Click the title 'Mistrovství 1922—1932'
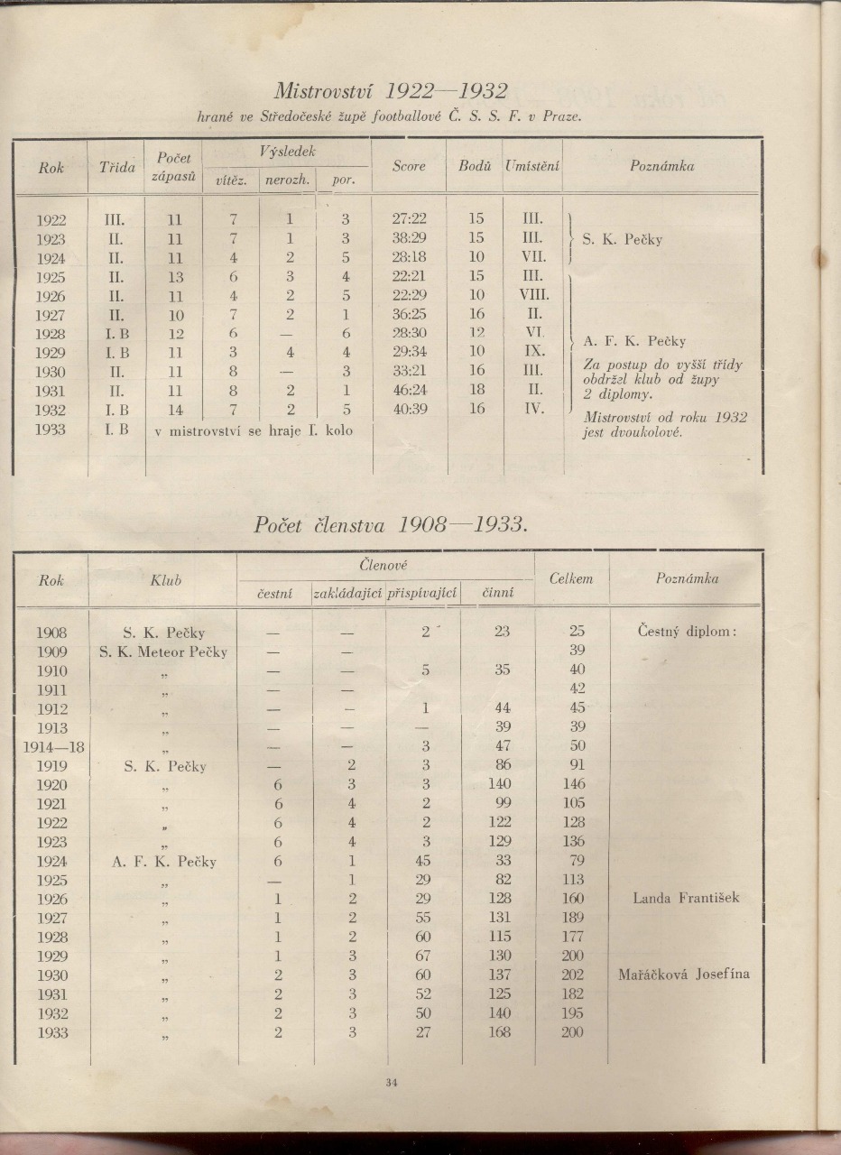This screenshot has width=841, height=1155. tap(391, 91)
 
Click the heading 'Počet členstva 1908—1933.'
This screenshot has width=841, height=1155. tap(390, 524)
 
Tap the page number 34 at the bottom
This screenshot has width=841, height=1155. tap(392, 1083)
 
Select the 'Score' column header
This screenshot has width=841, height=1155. tap(409, 166)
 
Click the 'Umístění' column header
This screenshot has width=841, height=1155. tap(532, 166)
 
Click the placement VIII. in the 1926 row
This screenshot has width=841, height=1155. tap(533, 295)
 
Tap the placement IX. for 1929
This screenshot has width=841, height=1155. tap(533, 352)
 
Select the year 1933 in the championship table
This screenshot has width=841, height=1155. tap(51, 429)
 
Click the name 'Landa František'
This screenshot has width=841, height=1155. tap(686, 898)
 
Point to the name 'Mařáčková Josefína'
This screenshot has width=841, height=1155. tap(685, 975)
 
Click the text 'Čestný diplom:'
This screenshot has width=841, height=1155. tap(687, 632)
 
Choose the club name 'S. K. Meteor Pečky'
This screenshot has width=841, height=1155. tap(163, 651)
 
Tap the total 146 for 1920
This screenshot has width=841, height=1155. tap(573, 785)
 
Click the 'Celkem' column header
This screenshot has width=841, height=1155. tap(571, 578)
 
